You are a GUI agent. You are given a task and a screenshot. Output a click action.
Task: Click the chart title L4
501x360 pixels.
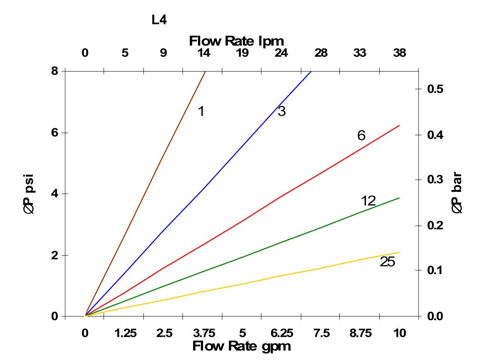point(159,20)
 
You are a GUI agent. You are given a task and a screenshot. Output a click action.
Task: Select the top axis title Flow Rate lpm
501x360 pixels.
point(236,41)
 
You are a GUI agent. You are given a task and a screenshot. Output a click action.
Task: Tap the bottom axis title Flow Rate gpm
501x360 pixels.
point(241,346)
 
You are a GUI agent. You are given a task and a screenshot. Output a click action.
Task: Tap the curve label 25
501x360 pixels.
point(387,262)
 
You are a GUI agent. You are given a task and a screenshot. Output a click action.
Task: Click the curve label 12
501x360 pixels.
point(369,201)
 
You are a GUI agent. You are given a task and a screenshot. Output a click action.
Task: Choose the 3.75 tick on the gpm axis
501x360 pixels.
point(203,333)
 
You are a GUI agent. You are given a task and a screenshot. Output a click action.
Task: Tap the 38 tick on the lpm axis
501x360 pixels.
point(399,53)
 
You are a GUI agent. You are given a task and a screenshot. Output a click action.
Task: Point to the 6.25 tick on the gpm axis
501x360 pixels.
point(282,333)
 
